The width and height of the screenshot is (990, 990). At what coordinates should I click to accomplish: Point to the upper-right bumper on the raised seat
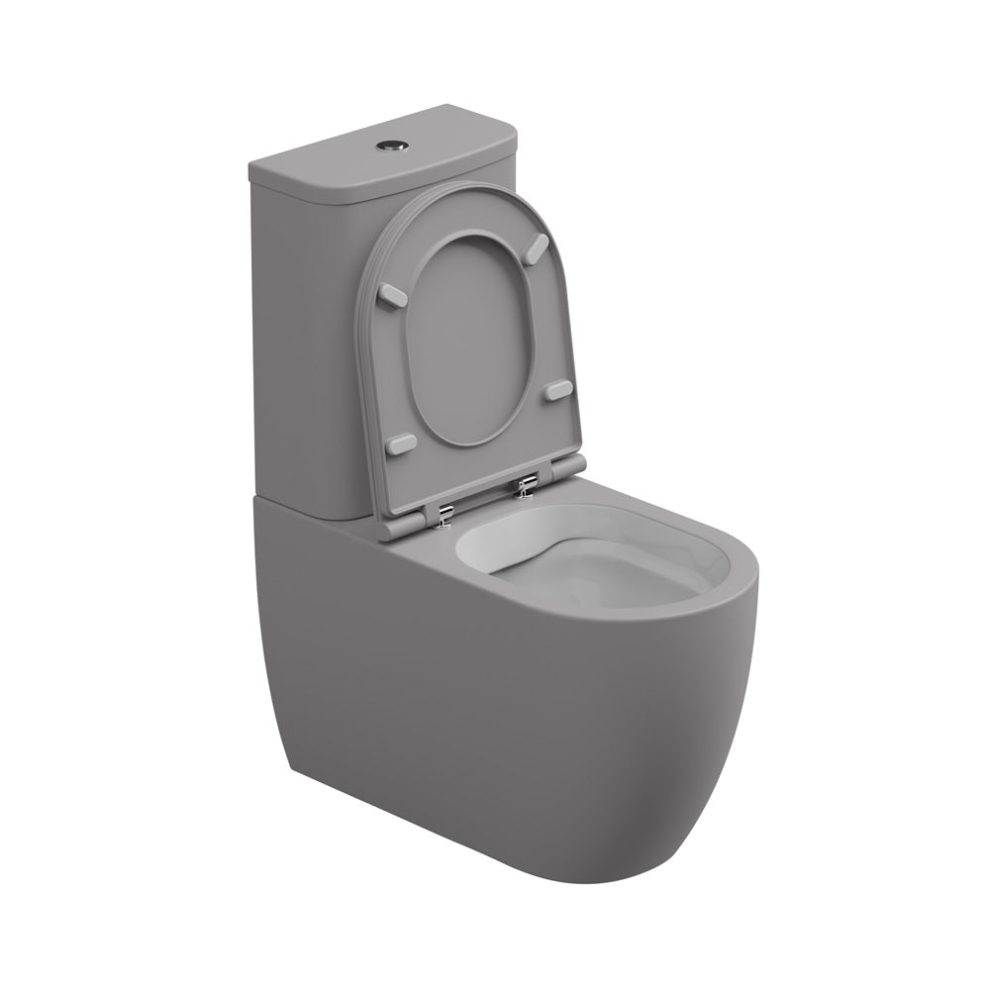(x=536, y=245)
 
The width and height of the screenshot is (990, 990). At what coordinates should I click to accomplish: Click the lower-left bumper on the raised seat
(x=402, y=445)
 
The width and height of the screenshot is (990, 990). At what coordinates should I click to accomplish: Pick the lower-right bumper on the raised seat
(x=558, y=389)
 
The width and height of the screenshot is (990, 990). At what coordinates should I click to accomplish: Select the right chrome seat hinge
(x=526, y=484)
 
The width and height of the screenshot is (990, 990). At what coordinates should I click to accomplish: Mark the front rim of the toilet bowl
(x=683, y=614)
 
